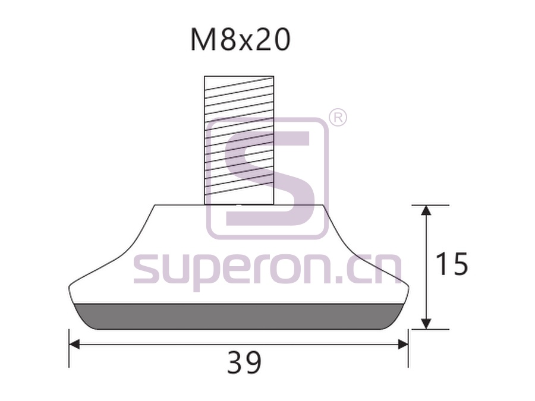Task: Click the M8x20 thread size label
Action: (x=240, y=40)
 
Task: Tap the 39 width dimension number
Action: (x=244, y=362)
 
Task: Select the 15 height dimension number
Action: (x=452, y=264)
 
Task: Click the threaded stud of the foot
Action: (x=239, y=140)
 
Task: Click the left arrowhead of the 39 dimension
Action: (x=74, y=345)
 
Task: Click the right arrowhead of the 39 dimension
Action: (x=403, y=345)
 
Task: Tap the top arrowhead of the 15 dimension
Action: (x=425, y=210)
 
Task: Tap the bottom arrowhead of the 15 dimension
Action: (x=425, y=324)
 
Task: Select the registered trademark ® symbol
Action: (x=338, y=118)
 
